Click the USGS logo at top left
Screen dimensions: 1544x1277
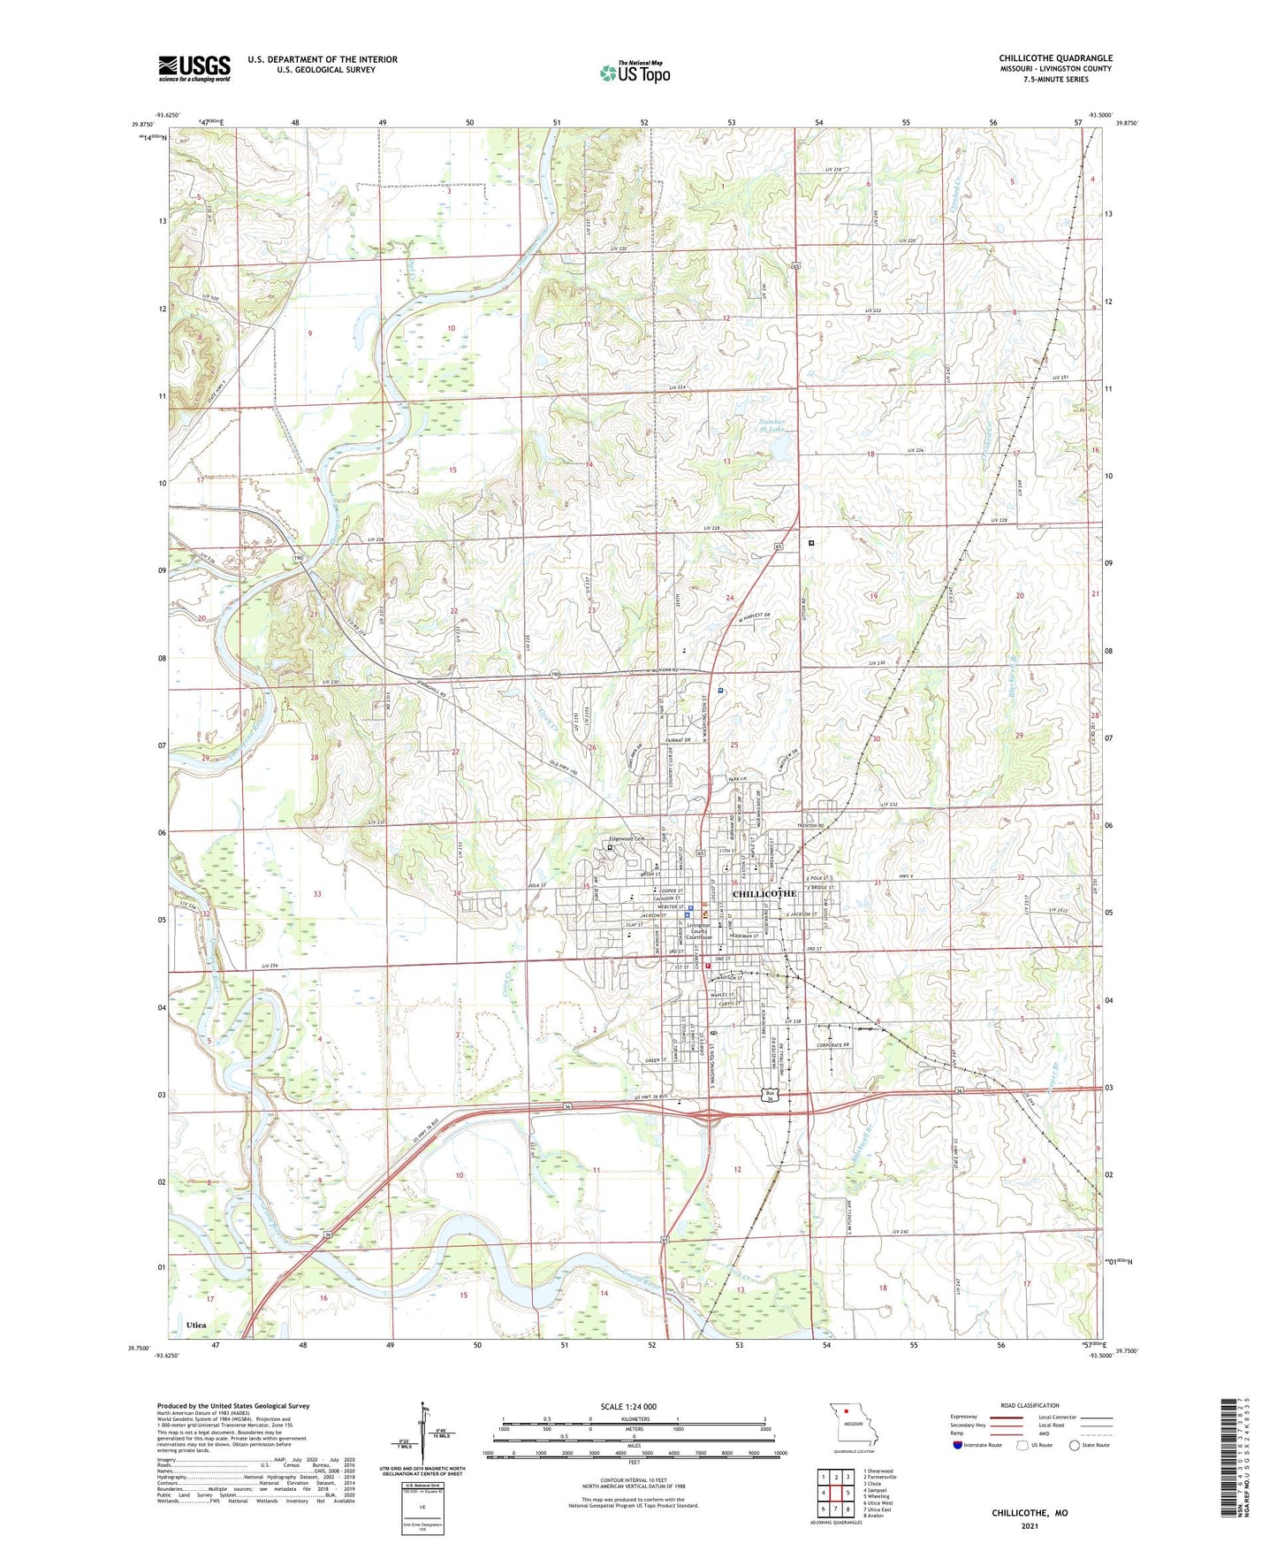[x=194, y=68]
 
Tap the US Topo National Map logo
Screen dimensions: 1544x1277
[x=635, y=72]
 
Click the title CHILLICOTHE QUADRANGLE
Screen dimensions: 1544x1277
[x=1055, y=58]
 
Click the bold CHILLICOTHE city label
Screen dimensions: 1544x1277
[x=764, y=894]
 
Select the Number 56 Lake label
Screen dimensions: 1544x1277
[x=772, y=426]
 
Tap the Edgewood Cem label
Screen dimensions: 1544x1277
[x=629, y=839]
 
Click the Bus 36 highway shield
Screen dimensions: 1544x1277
[x=772, y=1096]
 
